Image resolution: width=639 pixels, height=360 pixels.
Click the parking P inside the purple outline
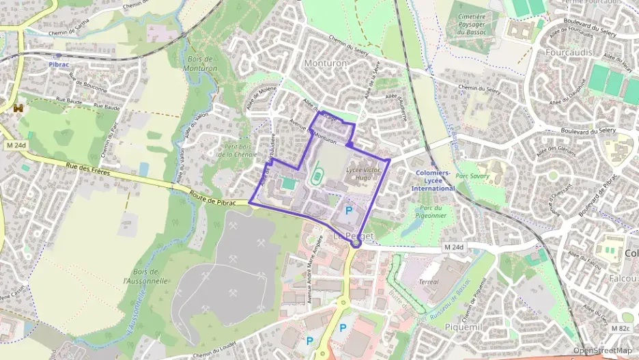click(x=350, y=212)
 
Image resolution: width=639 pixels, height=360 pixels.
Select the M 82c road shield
click(x=621, y=329)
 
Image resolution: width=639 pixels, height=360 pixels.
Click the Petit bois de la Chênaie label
click(x=238, y=150)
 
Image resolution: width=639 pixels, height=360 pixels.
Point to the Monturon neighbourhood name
click(x=326, y=63)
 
